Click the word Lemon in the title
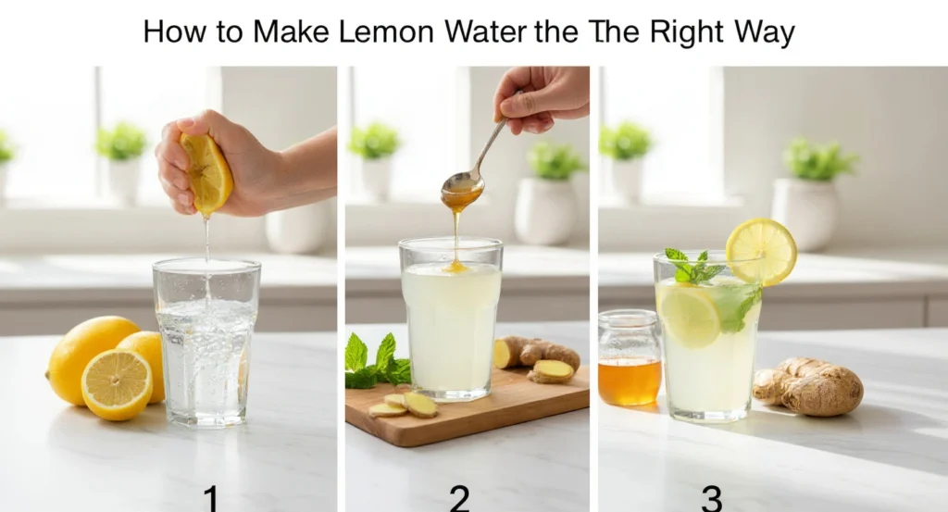coord(386,31)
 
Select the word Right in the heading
coord(687,33)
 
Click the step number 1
coord(210,499)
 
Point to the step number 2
coord(459,499)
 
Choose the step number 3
coord(712,499)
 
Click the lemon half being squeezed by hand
coord(206,174)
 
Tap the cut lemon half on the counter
coord(117,384)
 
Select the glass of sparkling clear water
coord(206,343)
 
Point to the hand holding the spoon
coord(541,98)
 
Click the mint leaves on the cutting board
coord(376,363)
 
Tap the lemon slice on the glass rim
coord(761,252)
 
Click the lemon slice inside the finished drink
coord(688,316)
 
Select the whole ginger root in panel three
coord(808,386)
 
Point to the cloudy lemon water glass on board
coord(451,319)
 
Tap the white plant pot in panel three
coord(805,213)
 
